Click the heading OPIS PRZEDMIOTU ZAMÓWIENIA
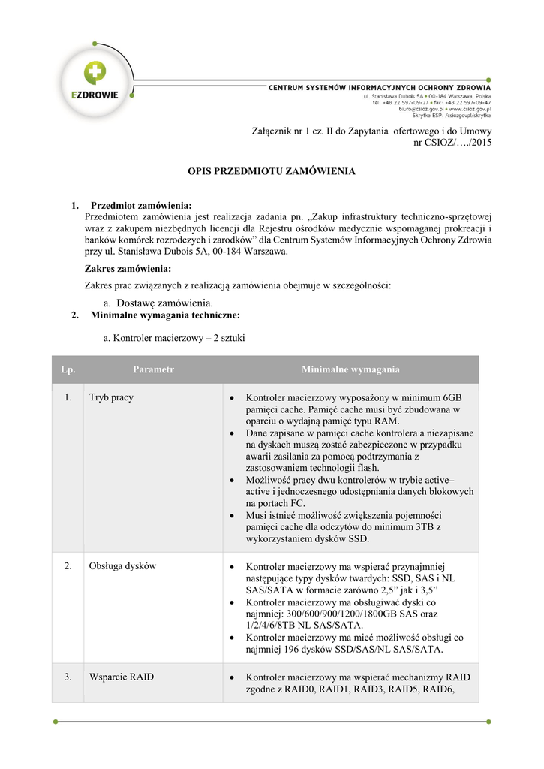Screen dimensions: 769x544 [x=271, y=171]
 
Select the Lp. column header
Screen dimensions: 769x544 [x=68, y=369]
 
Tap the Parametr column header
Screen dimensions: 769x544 [x=153, y=369]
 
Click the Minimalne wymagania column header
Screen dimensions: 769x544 [x=350, y=369]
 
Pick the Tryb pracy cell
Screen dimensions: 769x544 [x=111, y=397]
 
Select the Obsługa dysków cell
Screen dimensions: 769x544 [x=122, y=565]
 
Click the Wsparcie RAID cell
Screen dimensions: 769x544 [x=121, y=677]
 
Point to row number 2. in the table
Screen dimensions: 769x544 [x=68, y=565]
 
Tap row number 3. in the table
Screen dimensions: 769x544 [x=68, y=677]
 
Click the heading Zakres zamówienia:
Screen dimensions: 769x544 [x=128, y=269]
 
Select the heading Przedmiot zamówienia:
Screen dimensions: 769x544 [x=141, y=205]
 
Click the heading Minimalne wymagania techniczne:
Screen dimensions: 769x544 [x=165, y=315]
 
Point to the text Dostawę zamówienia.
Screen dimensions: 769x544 [x=160, y=302]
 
